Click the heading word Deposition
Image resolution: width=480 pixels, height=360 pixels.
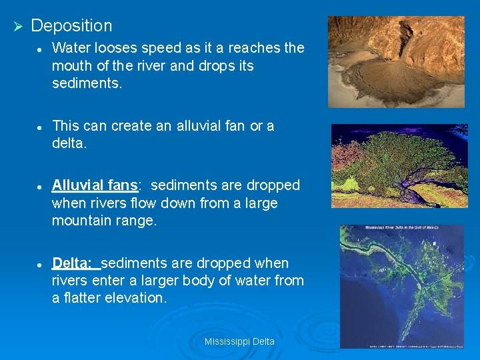pyautogui.click(x=71, y=26)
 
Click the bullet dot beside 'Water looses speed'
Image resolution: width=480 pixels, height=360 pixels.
pyautogui.click(x=41, y=49)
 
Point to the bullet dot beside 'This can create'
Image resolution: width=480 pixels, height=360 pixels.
pyautogui.click(x=41, y=127)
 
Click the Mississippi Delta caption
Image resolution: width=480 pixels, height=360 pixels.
pyautogui.click(x=239, y=341)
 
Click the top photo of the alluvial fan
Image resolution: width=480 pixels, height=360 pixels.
pyautogui.click(x=396, y=62)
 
